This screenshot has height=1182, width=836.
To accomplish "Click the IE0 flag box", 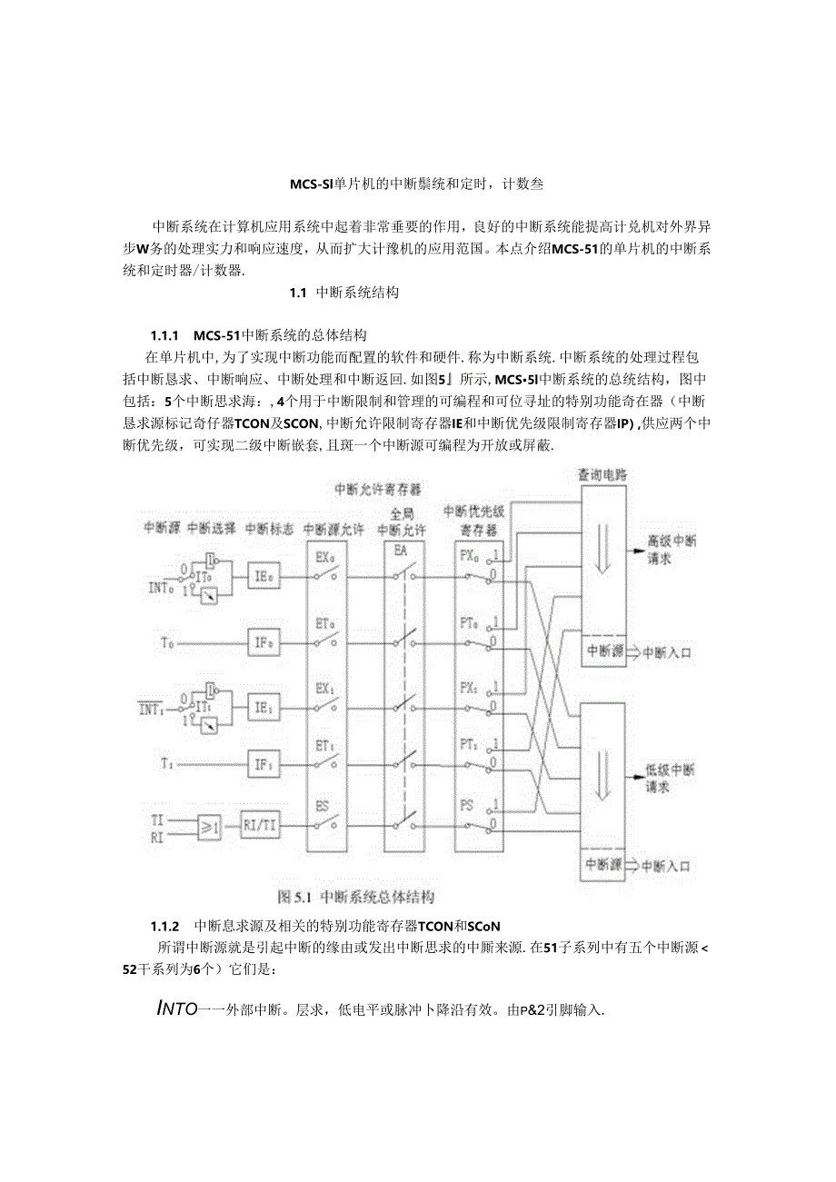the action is tap(264, 576).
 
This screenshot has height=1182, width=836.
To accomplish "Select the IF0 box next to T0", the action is tap(264, 643).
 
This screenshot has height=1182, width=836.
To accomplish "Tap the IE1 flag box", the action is tap(264, 705).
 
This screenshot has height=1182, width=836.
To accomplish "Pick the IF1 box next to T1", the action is tap(264, 765).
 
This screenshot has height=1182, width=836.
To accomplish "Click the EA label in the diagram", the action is tap(401, 551).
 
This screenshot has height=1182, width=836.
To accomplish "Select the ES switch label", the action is tap(323, 806).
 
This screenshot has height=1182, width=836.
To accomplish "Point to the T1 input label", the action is tap(167, 765).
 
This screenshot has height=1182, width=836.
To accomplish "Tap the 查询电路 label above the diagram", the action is tap(602, 474).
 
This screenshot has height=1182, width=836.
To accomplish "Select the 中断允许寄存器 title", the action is tap(377, 491).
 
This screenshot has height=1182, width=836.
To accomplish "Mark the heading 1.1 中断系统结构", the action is tap(343, 293).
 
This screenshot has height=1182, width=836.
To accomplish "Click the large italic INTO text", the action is tap(177, 1008).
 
